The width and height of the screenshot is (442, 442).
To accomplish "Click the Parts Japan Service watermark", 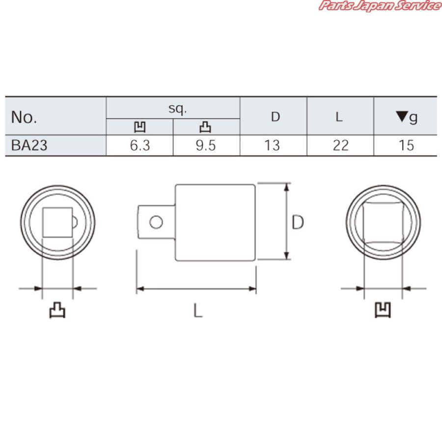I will point(379,6).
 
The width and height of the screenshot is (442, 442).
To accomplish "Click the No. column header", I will point(25,118).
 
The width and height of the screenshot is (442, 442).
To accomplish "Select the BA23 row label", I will point(29,146).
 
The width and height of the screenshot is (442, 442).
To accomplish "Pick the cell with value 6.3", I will point(140,146).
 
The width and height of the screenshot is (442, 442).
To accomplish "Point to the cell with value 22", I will point(340,146).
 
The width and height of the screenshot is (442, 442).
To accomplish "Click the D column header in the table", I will point(276,117).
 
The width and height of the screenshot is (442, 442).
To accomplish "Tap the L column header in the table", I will point(339,117).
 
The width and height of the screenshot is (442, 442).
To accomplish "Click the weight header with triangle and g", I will point(407,117).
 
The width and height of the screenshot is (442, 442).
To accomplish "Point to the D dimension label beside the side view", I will point(298,222).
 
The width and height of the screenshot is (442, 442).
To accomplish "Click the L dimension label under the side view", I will point(197,310).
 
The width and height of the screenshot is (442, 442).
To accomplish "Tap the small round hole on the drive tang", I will point(156,222).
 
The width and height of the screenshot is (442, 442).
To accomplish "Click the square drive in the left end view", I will point(57,222).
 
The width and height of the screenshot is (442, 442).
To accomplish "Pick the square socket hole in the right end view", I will point(383,222).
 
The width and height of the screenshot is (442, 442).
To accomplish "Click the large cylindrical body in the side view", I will point(215,222).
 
